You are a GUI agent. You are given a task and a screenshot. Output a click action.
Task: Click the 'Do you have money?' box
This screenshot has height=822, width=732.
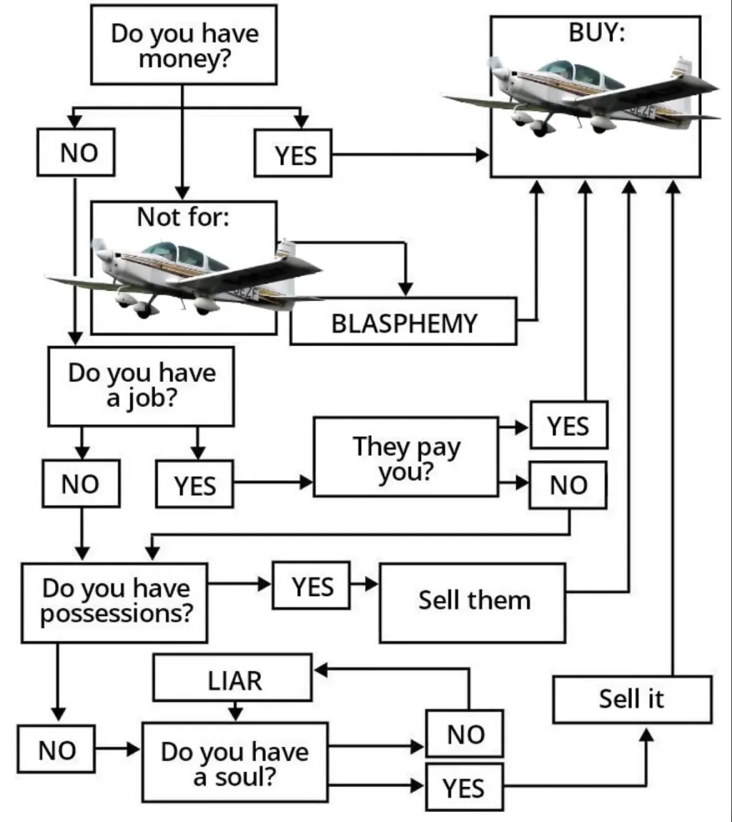[x=184, y=44]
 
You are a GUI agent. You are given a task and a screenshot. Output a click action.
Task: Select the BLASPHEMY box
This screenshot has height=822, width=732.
[x=403, y=321]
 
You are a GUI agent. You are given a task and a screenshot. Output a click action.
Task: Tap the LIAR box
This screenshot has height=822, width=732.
[x=232, y=677]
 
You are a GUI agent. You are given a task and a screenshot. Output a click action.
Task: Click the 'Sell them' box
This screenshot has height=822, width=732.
[x=473, y=603]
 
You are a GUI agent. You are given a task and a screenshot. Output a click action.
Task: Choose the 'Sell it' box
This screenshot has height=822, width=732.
[x=633, y=700]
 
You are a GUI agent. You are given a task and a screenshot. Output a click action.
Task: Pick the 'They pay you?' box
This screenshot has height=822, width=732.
[x=406, y=456]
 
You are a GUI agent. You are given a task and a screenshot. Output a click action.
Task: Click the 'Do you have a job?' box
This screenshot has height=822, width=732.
[x=141, y=386]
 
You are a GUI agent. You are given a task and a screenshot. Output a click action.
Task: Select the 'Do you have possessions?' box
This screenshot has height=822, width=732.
[x=114, y=603]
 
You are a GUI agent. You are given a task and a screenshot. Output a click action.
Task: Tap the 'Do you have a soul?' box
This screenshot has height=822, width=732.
[x=235, y=762]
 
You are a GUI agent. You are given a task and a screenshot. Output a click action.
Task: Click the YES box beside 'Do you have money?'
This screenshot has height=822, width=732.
[x=293, y=153]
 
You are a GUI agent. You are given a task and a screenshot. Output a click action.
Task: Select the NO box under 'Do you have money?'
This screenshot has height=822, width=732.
[x=76, y=152]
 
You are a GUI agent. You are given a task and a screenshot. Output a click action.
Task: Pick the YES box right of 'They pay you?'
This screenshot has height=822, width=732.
[x=569, y=425]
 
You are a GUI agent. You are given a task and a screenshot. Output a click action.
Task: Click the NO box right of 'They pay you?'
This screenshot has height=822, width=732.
[x=568, y=485]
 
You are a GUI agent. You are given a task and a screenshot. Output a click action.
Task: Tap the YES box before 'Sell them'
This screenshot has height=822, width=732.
[x=311, y=586]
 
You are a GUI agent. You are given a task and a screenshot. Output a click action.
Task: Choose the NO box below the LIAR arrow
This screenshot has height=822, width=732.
[x=465, y=733]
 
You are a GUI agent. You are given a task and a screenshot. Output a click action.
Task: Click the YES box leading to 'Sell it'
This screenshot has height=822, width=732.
[x=465, y=787]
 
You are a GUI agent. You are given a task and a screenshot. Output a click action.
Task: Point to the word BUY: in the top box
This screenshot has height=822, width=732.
[x=597, y=32]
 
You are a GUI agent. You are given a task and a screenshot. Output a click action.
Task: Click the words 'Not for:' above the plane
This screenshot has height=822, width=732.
[x=184, y=217]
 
